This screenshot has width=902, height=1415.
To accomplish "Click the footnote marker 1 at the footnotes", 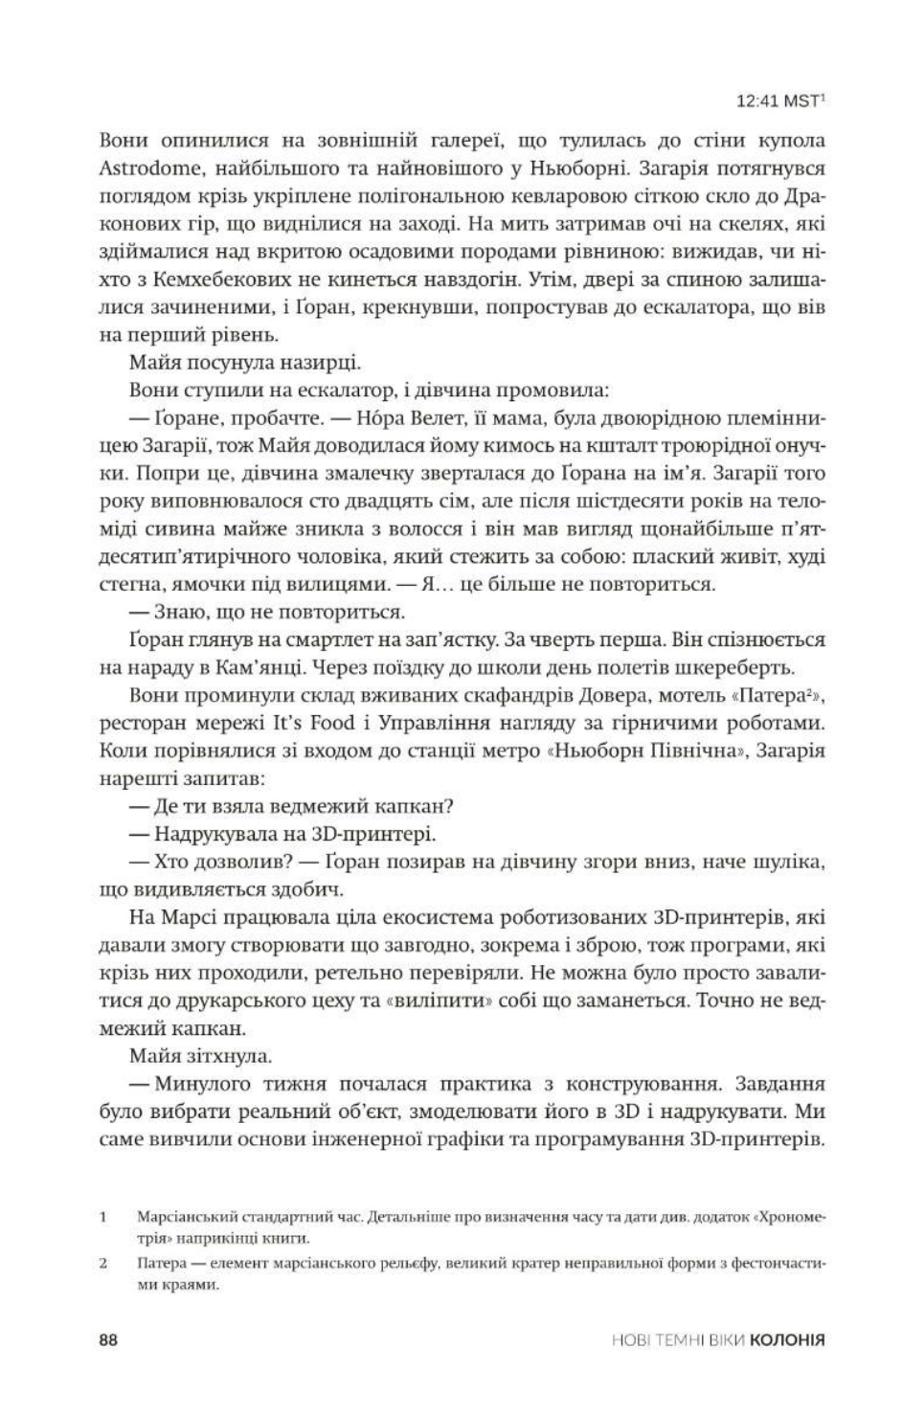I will click(101, 1220).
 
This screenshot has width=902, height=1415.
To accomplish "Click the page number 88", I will click(107, 1340).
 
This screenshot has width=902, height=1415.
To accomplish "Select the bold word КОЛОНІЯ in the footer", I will click(787, 1341).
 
